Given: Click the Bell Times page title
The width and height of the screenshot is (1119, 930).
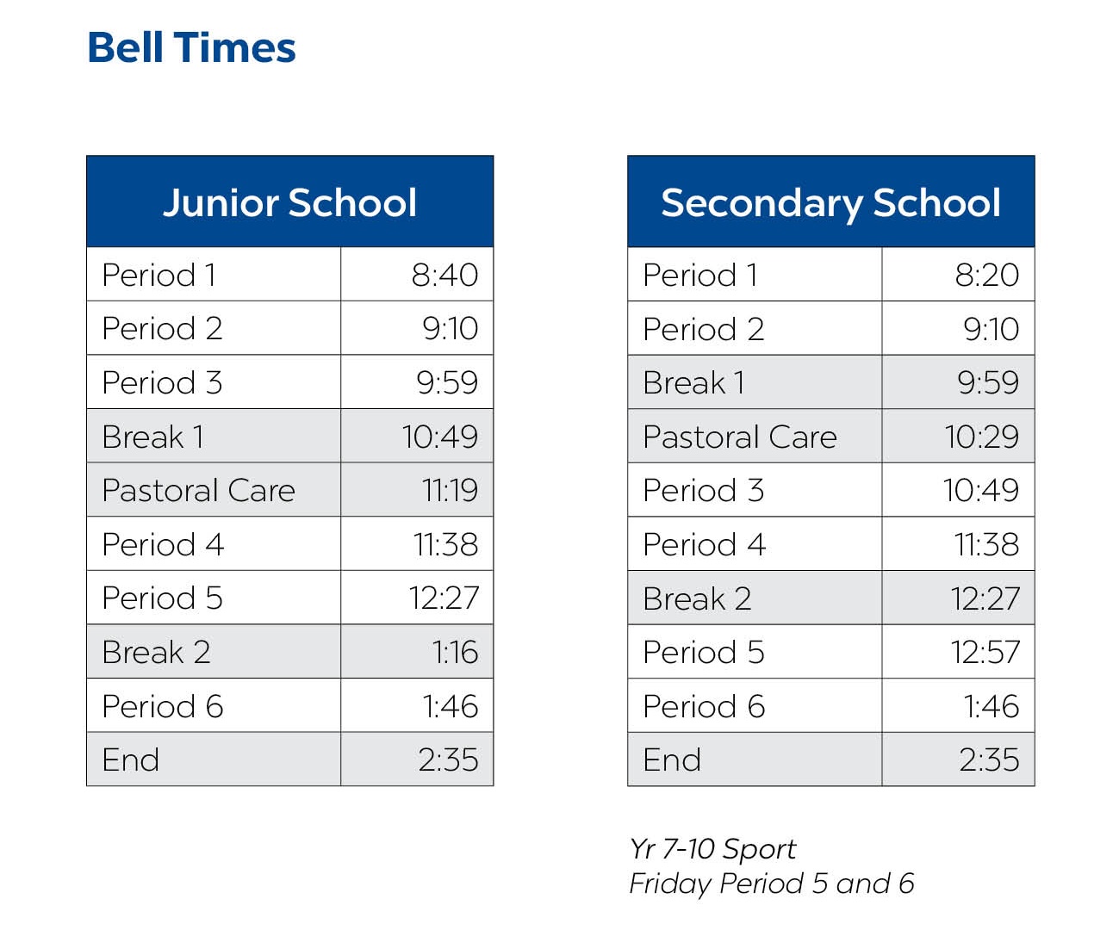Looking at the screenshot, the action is click(191, 47).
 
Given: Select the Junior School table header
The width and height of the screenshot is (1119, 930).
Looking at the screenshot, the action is click(290, 203).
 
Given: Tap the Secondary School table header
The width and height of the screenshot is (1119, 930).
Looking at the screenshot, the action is click(830, 203).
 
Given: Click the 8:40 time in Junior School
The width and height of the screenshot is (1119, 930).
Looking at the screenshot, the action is click(444, 275).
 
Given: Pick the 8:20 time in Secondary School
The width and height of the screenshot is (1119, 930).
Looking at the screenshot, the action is click(986, 275).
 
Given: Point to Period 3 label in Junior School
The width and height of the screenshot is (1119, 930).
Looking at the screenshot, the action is click(162, 382).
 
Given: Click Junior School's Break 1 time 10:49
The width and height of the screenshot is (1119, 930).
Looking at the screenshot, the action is click(439, 437).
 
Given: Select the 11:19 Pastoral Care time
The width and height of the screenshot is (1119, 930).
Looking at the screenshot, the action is click(450, 490).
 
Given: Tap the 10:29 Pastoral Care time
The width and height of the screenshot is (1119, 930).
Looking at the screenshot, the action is click(981, 437).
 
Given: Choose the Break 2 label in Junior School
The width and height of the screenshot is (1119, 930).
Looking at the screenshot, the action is click(156, 652).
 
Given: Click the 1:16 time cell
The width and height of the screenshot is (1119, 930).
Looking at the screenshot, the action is click(455, 652).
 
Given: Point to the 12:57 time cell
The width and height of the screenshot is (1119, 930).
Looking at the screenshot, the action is click(985, 652).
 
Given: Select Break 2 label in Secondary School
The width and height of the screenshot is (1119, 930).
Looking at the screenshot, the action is click(697, 598).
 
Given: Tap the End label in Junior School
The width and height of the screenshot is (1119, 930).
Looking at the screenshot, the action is click(131, 759).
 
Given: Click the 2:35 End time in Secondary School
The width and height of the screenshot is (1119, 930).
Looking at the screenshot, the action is click(989, 759).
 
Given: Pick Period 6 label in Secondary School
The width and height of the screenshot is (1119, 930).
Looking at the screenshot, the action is click(704, 706).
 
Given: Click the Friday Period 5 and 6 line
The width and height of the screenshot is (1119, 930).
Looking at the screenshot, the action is click(772, 883).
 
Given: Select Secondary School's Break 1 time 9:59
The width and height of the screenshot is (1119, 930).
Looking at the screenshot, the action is click(988, 382).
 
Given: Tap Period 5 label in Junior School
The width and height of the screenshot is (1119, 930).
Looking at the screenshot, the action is click(162, 598).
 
